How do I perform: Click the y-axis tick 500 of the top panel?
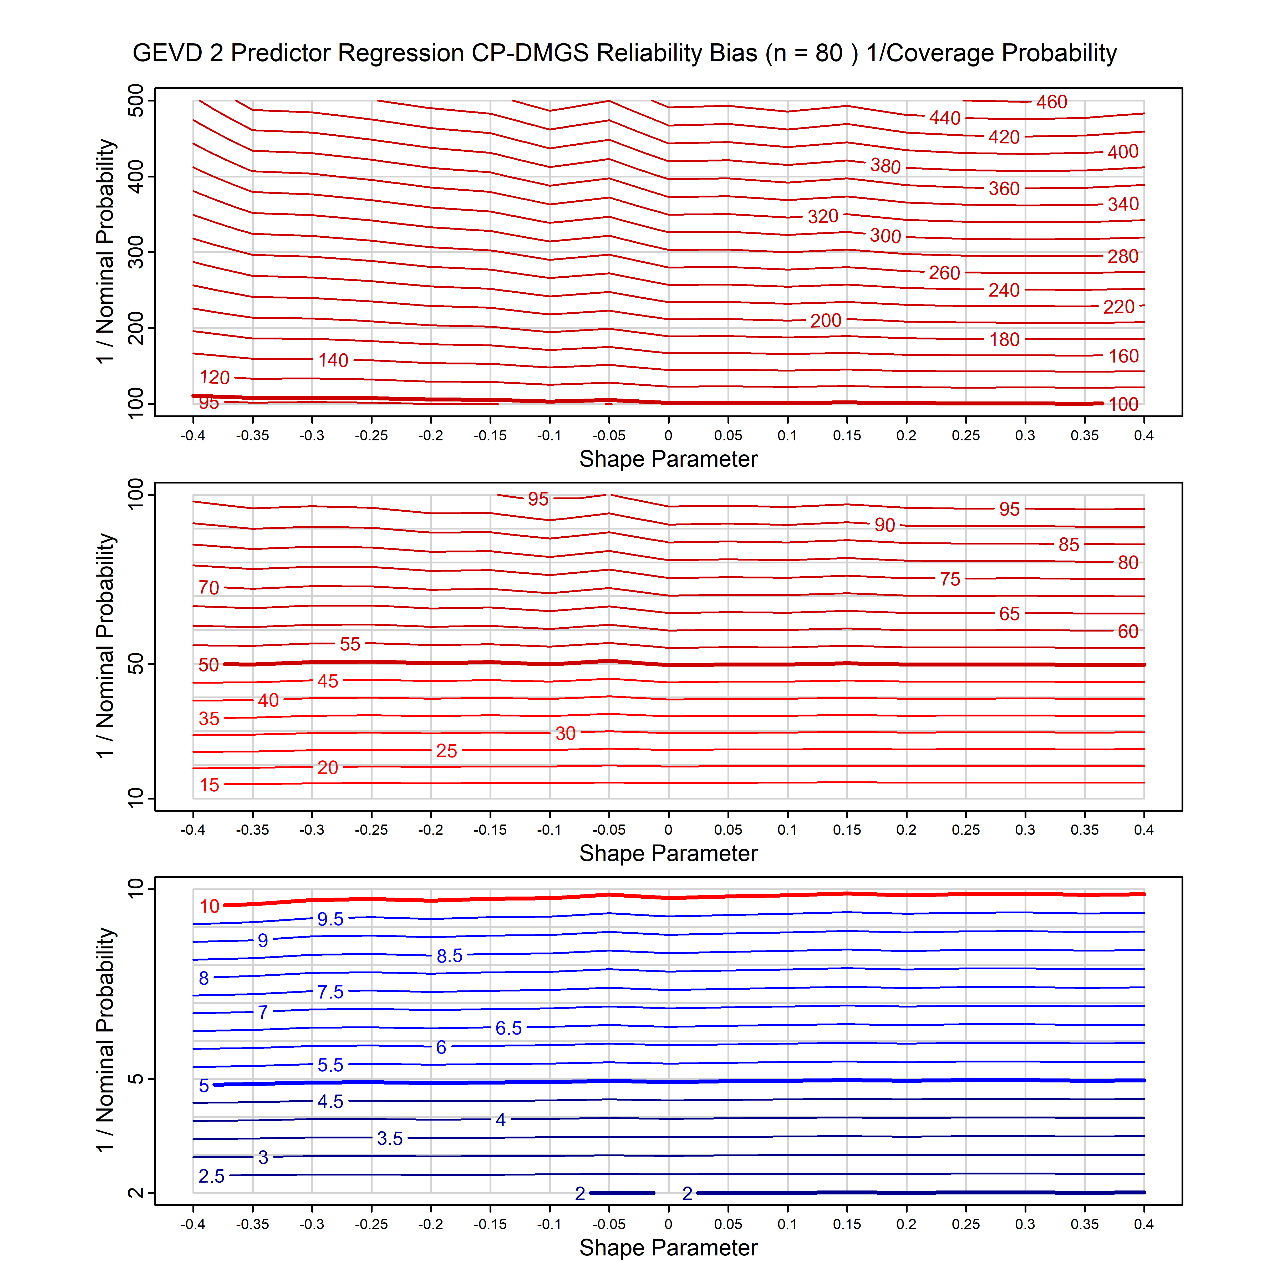pos(136,101)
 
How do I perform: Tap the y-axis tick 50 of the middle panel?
pos(136,664)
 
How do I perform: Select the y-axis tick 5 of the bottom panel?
pos(136,1079)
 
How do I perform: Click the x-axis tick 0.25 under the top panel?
pos(965,436)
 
